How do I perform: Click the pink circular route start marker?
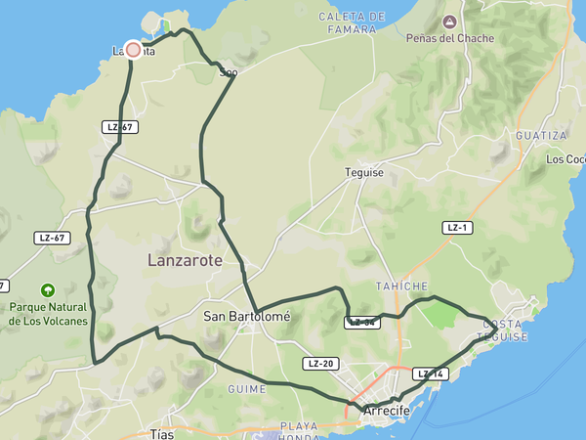[133, 49]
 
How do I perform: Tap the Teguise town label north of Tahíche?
[364, 172]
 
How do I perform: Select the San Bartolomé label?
[247, 316]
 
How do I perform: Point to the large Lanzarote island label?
[185, 261]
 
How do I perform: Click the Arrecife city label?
[386, 411]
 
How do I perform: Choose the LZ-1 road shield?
[457, 227]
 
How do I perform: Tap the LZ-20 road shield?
[320, 364]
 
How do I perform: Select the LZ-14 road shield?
[430, 374]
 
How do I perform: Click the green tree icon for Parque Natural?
[48, 289]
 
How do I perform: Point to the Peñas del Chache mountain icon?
[449, 22]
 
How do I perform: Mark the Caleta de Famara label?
[347, 23]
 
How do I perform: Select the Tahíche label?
[401, 286]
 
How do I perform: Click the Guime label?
[246, 388]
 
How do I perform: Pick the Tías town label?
[162, 433]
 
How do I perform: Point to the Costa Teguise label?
[501, 330]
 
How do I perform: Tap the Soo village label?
[229, 71]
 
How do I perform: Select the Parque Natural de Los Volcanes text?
[48, 314]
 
